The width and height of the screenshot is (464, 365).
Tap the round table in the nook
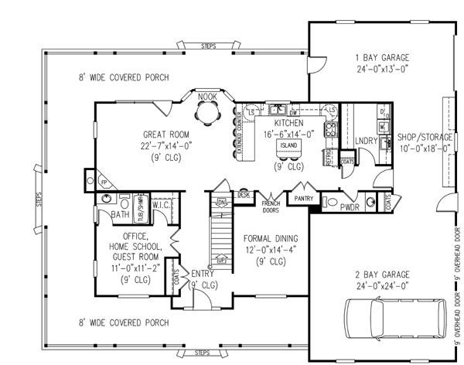click(206, 112)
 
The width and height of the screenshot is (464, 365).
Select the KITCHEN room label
click(287, 123)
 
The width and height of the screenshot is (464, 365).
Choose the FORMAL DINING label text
click(265, 239)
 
